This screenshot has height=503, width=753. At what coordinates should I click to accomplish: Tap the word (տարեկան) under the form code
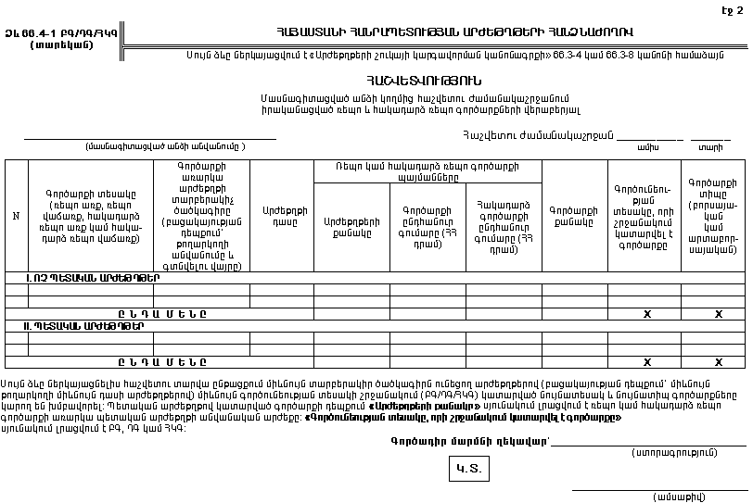pos(60,44)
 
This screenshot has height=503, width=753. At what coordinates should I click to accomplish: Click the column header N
pos(16,216)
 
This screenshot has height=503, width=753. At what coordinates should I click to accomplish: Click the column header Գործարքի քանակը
pos(574,216)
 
